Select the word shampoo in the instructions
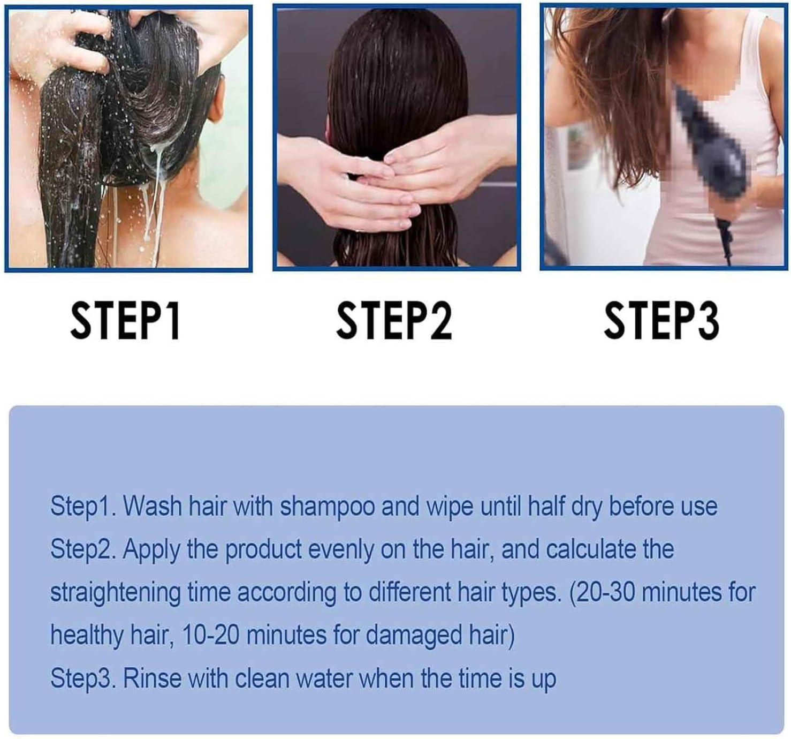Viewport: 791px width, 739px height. pos(328,507)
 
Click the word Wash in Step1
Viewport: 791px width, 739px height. pos(154,507)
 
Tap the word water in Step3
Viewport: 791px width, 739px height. pos(324,678)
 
